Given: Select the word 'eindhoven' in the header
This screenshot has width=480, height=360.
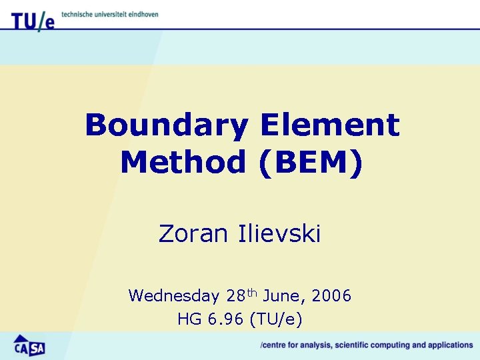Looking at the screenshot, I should [143, 14].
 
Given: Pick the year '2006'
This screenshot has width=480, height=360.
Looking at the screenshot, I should [331, 295].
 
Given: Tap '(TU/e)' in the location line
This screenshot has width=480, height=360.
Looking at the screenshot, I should [275, 319].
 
